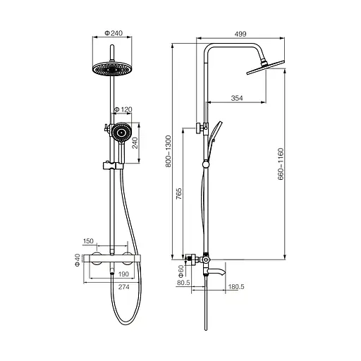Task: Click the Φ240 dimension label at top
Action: (114, 33)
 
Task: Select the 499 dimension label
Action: (240, 34)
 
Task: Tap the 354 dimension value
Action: (237, 98)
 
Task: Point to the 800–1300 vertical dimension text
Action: (169, 151)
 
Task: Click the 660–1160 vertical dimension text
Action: (281, 164)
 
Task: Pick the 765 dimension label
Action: (179, 194)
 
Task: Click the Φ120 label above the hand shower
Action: (123, 109)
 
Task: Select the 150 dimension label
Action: (88, 241)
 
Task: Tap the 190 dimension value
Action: (123, 274)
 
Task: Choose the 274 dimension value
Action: (124, 287)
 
